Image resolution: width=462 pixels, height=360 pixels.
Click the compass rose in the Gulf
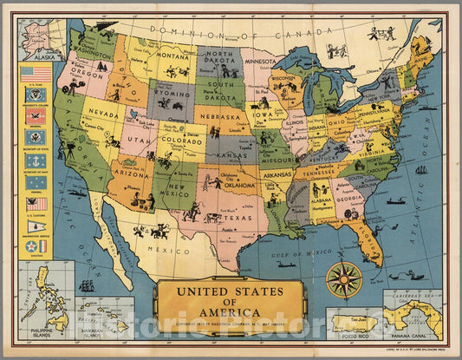click(x=344, y=279)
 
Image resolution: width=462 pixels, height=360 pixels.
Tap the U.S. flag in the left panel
click(x=36, y=74)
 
